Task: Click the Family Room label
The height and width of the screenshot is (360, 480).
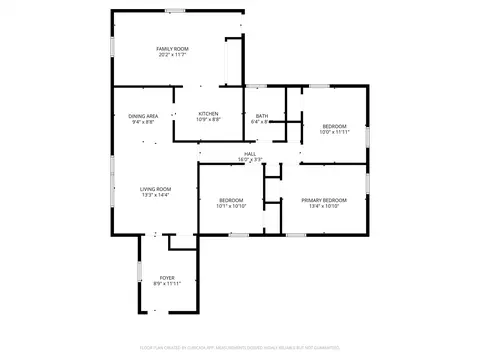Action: click(x=172, y=48)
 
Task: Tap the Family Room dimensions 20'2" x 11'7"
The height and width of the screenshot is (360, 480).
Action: click(x=172, y=54)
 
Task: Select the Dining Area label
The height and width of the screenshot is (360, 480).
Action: click(x=142, y=116)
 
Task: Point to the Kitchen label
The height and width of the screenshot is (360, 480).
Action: click(x=208, y=114)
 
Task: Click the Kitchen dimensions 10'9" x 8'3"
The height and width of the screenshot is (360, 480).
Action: click(x=208, y=120)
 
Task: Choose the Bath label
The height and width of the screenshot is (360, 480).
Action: click(x=262, y=116)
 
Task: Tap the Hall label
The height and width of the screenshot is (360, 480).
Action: click(x=250, y=153)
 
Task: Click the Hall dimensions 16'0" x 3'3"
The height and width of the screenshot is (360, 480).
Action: click(x=250, y=159)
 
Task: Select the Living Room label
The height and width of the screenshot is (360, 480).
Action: click(x=155, y=189)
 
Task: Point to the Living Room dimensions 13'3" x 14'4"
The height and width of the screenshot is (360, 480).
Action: click(x=155, y=195)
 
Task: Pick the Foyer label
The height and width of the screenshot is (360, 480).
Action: click(x=167, y=277)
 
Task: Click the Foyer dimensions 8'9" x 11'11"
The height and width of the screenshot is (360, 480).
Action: click(x=167, y=283)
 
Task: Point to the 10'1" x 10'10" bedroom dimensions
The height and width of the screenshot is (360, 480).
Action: click(x=232, y=206)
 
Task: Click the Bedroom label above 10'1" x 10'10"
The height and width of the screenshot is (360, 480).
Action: click(x=232, y=200)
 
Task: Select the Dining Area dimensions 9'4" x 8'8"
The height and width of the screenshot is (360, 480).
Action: click(x=142, y=122)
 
